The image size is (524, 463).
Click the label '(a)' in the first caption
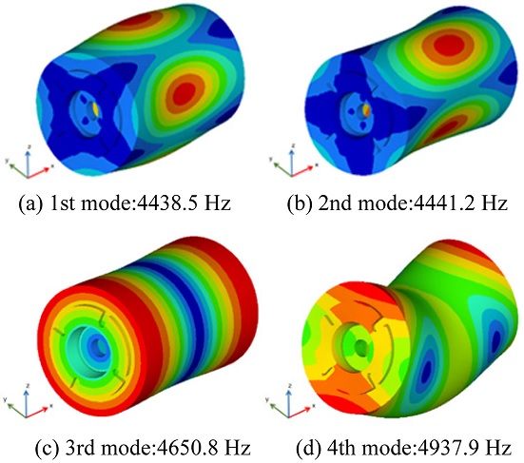click(x=30, y=203)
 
